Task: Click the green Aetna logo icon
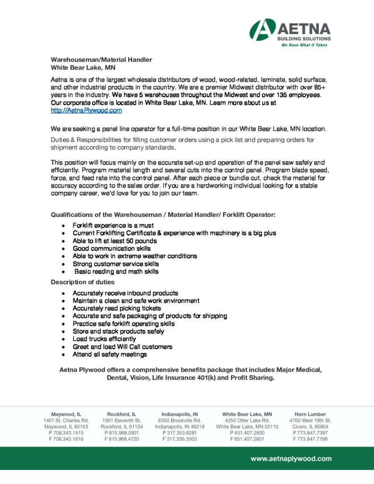[262, 29]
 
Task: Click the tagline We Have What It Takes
[304, 45]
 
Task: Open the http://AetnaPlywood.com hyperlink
[87, 110]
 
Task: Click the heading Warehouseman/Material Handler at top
[102, 60]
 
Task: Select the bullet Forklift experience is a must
[113, 225]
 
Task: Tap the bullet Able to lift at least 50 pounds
[115, 241]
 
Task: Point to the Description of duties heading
[83, 282]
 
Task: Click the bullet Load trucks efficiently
[104, 339]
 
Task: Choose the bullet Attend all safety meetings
[110, 354]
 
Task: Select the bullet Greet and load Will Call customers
[122, 346]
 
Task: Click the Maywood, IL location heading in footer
[66, 414]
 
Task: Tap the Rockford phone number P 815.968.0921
[122, 432]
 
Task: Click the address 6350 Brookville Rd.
[180, 420]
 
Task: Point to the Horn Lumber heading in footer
[310, 414]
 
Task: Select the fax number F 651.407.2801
[247, 439]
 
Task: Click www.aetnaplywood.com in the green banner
[291, 458]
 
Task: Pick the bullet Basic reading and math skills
[116, 272]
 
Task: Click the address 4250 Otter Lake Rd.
[247, 420]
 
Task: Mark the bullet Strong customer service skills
[116, 264]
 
